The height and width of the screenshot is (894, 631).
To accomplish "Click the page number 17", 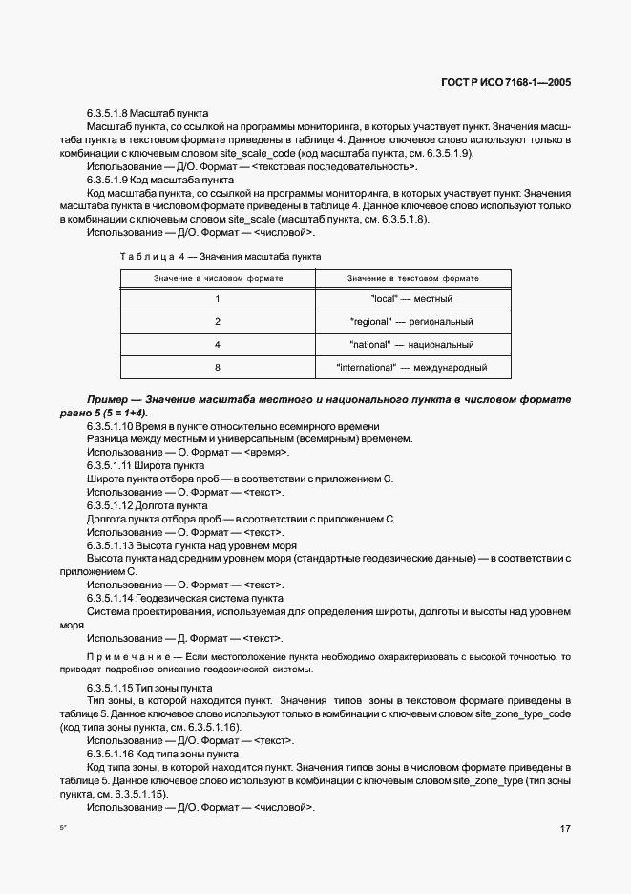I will [x=565, y=828].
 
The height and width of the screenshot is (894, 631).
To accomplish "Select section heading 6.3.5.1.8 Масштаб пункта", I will [x=154, y=114].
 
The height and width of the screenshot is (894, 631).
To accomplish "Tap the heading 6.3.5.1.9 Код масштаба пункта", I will [x=159, y=179].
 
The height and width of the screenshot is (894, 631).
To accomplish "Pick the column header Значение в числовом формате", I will [x=218, y=278].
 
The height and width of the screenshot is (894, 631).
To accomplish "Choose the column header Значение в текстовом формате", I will [x=412, y=278].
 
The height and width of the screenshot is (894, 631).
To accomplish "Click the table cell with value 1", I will [x=218, y=299].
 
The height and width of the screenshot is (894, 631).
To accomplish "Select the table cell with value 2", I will [x=218, y=322].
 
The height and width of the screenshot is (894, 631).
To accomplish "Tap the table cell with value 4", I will [x=218, y=345].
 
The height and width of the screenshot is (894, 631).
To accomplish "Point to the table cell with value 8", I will [x=218, y=367].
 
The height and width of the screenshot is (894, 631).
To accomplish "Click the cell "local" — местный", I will [x=411, y=299].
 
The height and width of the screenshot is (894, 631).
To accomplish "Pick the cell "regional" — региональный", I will [x=411, y=322].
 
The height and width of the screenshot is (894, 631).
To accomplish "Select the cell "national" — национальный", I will [x=411, y=345].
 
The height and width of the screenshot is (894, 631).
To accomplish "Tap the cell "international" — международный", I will [x=411, y=367].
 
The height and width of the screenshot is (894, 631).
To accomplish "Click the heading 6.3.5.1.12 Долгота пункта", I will [x=147, y=504].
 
